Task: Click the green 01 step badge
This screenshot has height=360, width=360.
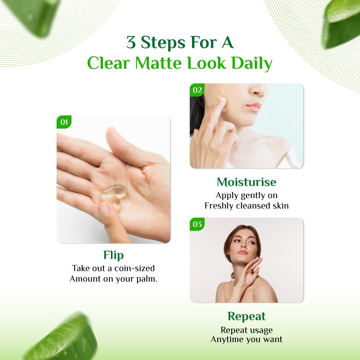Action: (x=64, y=122)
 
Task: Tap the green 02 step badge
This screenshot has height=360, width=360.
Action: (x=197, y=90)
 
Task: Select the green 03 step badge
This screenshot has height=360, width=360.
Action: (x=197, y=224)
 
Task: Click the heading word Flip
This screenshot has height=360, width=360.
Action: (x=113, y=255)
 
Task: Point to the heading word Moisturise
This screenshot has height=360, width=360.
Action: (x=247, y=182)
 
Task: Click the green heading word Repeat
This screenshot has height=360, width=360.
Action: (x=247, y=316)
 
